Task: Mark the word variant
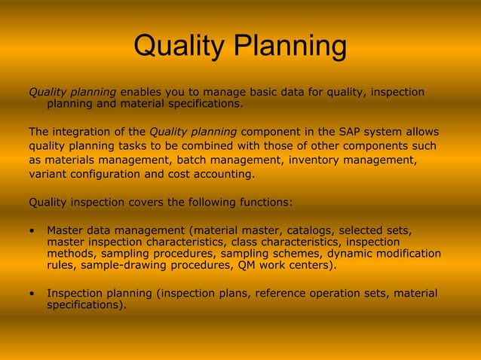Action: pos(47,174)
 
